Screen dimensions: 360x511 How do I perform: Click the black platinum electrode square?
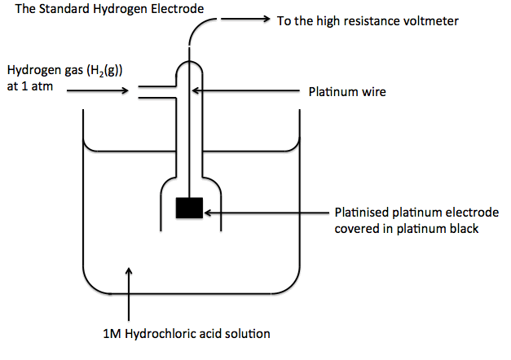(x=190, y=209)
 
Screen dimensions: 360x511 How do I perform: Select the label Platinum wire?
(x=346, y=92)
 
